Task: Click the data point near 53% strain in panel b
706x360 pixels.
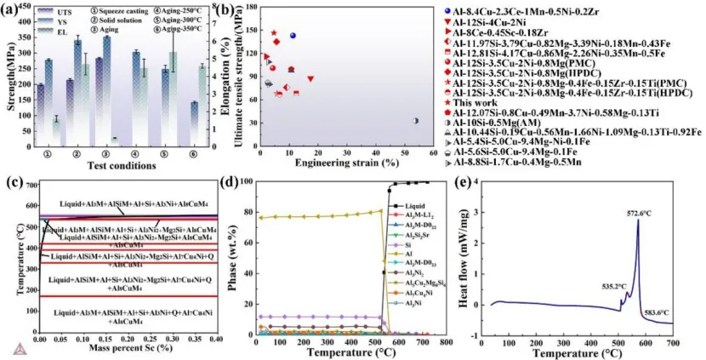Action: pyautogui.click(x=415, y=121)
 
